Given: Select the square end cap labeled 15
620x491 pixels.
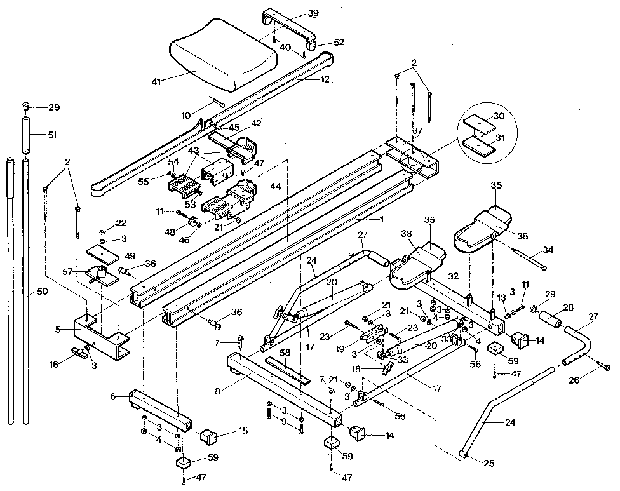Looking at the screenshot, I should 209,437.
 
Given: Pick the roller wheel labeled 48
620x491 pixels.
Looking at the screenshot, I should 192,223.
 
